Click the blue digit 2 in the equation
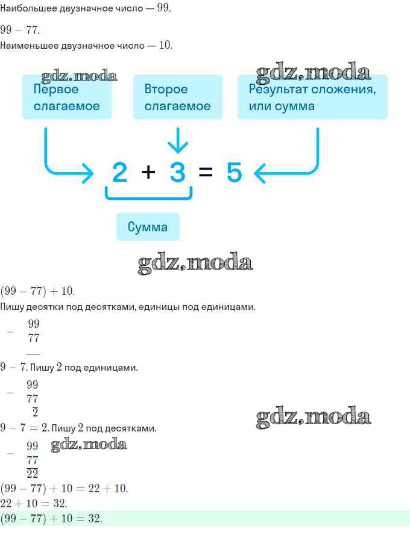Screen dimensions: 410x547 [x=119, y=172]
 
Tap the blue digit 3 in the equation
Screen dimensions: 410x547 [x=177, y=172]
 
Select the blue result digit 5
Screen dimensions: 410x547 [x=234, y=172]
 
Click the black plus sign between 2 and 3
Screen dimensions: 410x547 [x=148, y=172]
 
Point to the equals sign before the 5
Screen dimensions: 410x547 [x=206, y=172]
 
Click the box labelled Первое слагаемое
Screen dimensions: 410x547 [x=67, y=97]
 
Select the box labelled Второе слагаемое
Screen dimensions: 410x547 [x=178, y=97]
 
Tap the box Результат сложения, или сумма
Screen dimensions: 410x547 [x=312, y=97]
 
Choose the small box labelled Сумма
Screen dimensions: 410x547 [x=148, y=227]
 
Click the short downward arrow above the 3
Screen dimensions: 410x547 [x=178, y=140]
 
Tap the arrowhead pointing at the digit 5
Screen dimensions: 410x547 [x=259, y=173]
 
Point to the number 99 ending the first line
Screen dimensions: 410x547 [x=163, y=8]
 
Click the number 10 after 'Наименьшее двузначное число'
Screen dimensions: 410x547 [x=165, y=45]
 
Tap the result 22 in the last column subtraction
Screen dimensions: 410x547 [x=32, y=474]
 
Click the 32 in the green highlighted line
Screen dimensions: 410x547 [x=94, y=518]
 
